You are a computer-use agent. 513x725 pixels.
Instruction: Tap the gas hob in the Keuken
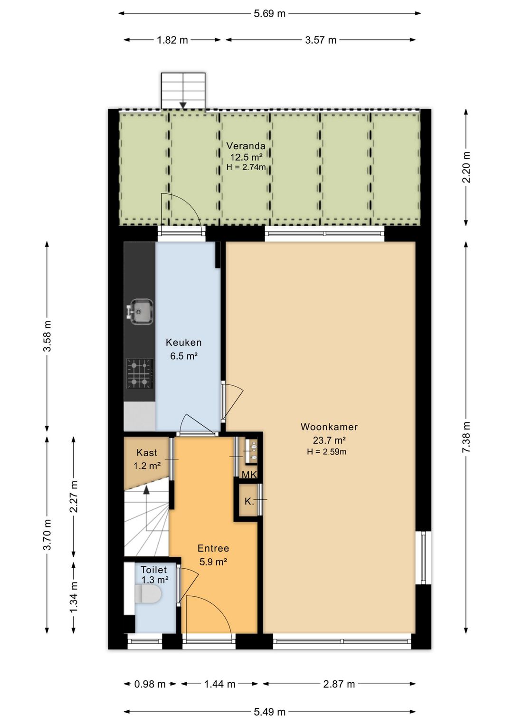point(140,373)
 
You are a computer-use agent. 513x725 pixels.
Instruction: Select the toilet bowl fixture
point(147,594)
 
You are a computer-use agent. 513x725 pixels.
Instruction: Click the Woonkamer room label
point(329,427)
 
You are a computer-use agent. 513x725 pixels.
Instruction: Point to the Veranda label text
point(246,146)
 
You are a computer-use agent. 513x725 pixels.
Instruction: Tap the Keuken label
point(183,342)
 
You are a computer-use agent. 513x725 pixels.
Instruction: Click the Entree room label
point(213,548)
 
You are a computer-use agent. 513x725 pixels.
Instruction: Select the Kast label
point(147,452)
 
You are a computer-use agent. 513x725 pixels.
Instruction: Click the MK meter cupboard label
point(249,475)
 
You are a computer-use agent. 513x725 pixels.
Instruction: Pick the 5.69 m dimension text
point(269,14)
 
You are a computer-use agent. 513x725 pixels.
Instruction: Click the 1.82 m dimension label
point(172,40)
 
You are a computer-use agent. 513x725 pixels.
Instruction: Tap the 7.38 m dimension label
point(466,437)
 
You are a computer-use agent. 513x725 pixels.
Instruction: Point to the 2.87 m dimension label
point(339,684)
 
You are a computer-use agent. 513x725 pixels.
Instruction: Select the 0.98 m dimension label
point(150,684)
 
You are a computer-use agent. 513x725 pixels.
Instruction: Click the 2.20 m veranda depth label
point(466,167)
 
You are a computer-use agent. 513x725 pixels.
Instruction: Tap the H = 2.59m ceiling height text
point(327,452)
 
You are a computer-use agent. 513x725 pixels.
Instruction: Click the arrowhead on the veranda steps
point(183,105)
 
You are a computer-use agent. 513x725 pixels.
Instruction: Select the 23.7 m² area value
point(329,440)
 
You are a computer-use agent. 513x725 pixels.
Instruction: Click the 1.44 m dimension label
point(219,684)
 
